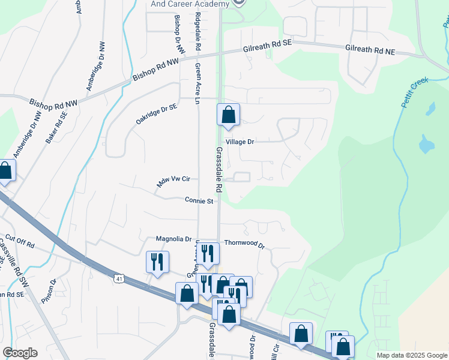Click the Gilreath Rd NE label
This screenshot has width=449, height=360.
pyautogui.click(x=370, y=52)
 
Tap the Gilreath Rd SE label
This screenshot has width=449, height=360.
pyautogui.click(x=267, y=47)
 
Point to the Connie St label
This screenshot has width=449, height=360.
pyautogui.click(x=199, y=201)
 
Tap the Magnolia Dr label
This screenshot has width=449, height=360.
pyautogui.click(x=173, y=239)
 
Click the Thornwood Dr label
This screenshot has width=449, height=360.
pyautogui.click(x=244, y=244)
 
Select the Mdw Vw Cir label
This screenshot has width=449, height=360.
pyautogui.click(x=173, y=181)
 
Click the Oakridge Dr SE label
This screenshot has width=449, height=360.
pyautogui.click(x=157, y=113)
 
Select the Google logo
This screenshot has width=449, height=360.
pyautogui.click(x=20, y=353)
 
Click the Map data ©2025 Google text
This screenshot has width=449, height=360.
pyautogui.click(x=411, y=355)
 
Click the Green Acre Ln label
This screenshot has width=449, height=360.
pyautogui.click(x=196, y=83)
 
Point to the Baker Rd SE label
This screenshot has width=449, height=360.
pyautogui.click(x=57, y=126)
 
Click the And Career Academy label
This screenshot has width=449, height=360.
pyautogui.click(x=190, y=4)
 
